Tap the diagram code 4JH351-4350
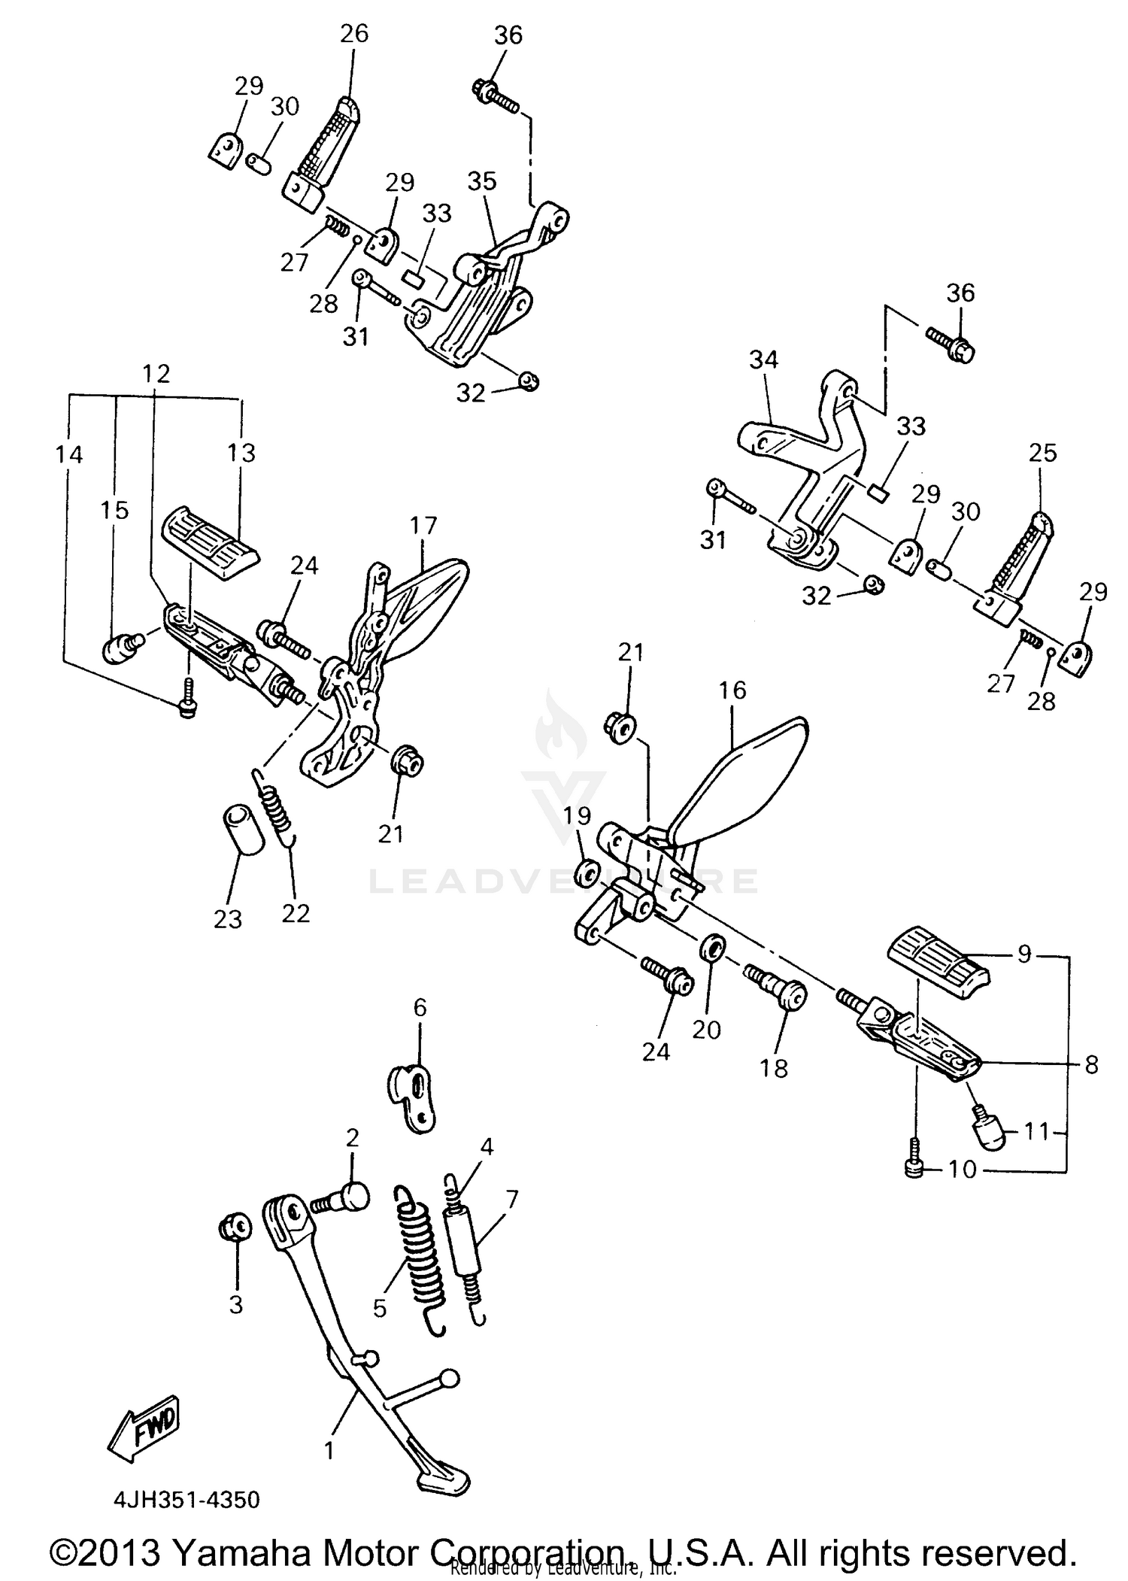click(186, 1500)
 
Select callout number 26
click(354, 34)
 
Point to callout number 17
click(423, 526)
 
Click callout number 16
click(732, 690)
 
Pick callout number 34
click(763, 360)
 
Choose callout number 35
click(482, 181)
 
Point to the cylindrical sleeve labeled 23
click(242, 830)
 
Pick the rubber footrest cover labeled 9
click(938, 963)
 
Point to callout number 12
click(156, 374)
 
